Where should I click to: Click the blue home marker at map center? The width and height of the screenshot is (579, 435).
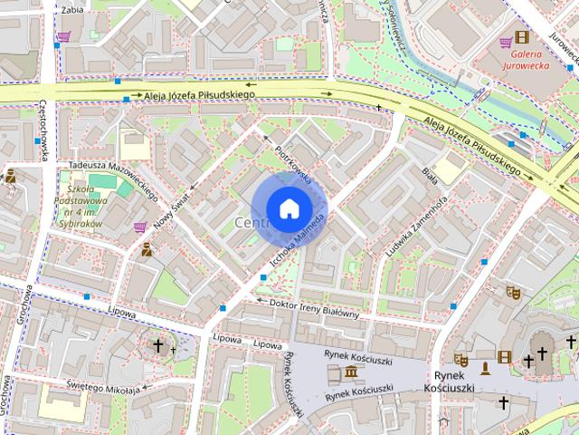click(289, 208)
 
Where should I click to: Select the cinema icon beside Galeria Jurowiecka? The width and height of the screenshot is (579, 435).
click(522, 37)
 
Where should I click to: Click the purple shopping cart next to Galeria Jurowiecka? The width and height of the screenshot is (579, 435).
click(506, 42)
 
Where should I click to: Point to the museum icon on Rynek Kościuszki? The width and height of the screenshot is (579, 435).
click(348, 372)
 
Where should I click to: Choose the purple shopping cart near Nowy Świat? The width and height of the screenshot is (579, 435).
click(140, 227)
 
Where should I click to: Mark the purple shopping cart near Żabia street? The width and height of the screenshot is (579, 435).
click(62, 38)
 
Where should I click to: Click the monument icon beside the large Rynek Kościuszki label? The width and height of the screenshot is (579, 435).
click(485, 367)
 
